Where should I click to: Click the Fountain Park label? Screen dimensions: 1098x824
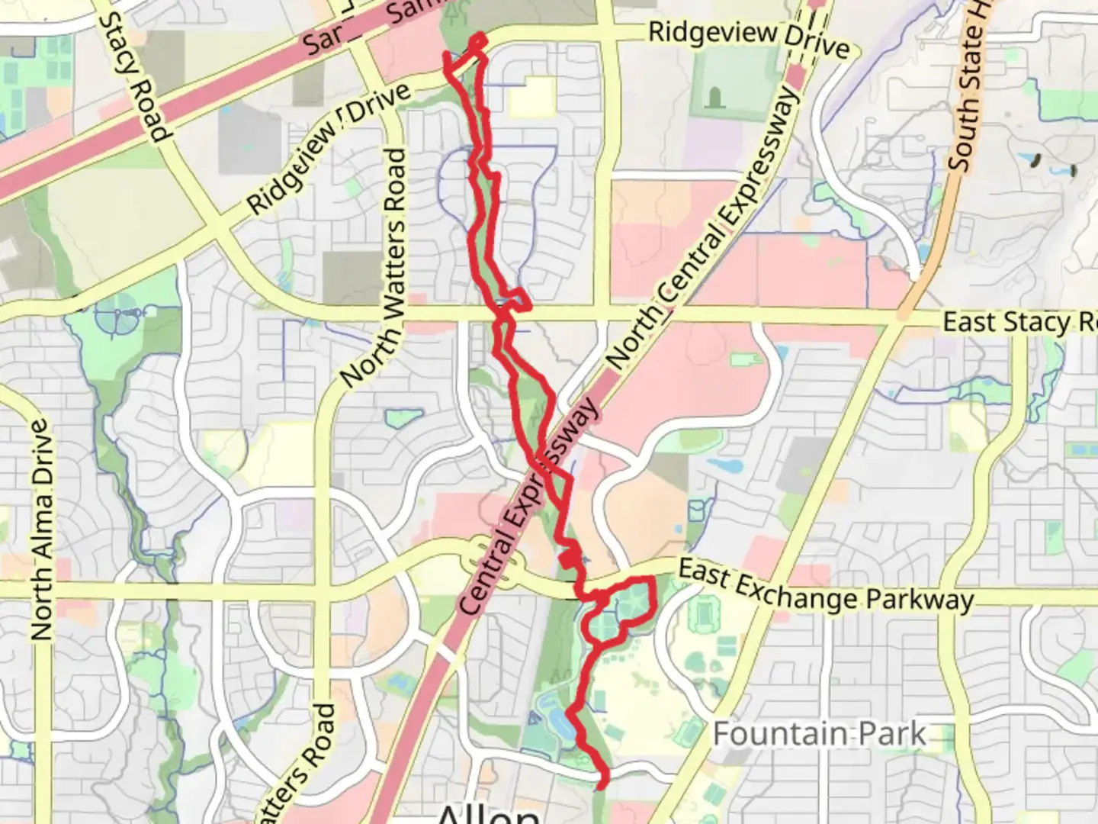pos(819,734)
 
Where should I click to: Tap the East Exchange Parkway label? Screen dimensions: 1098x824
pos(825,586)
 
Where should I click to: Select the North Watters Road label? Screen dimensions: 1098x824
pos(374,267)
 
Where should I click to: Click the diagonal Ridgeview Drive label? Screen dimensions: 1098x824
pos(329,149)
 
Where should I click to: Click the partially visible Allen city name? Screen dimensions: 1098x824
pos(488,813)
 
